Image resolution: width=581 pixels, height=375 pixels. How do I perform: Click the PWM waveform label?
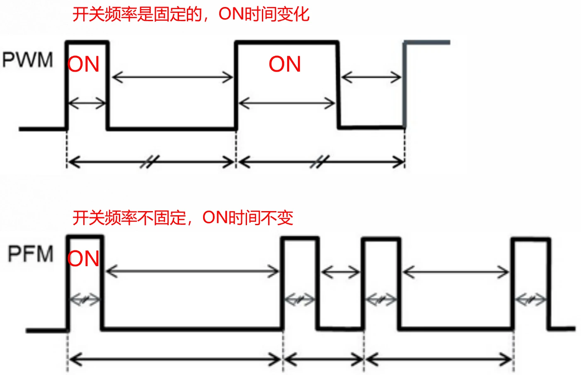[x=28, y=60]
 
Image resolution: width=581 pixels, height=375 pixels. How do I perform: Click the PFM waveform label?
[x=31, y=254]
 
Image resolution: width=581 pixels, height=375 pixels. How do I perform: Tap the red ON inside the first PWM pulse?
[x=84, y=65]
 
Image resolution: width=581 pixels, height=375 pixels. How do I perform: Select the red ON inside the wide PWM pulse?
[x=285, y=64]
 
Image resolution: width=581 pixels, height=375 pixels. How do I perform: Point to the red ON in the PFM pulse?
[x=84, y=259]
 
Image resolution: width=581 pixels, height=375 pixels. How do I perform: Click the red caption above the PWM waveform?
[x=191, y=14]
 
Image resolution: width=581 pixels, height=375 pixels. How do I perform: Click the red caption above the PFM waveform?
[x=183, y=218]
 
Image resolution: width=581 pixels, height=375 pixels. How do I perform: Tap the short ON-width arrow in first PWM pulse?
[x=87, y=103]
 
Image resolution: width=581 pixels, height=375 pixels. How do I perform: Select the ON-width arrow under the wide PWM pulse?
[x=287, y=103]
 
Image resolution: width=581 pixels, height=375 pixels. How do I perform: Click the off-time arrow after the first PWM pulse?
[x=172, y=77]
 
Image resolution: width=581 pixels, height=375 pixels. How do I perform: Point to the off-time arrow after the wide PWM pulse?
[x=371, y=77]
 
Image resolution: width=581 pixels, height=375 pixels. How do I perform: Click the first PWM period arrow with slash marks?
[x=151, y=162]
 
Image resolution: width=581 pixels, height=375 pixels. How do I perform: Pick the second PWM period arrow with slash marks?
[x=321, y=162]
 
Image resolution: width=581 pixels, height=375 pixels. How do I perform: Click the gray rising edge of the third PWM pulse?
[x=404, y=83]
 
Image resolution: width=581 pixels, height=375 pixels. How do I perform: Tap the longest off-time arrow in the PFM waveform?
[x=192, y=272]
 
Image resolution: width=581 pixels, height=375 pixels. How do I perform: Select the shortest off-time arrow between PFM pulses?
[x=341, y=272]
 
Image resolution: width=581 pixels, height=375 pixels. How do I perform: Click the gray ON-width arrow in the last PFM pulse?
[x=531, y=299]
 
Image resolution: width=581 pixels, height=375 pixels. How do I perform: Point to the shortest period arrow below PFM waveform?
[x=324, y=359]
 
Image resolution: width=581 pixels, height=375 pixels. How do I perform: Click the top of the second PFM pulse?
[x=300, y=238]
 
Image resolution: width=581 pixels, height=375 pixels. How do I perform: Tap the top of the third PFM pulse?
[x=381, y=239]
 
